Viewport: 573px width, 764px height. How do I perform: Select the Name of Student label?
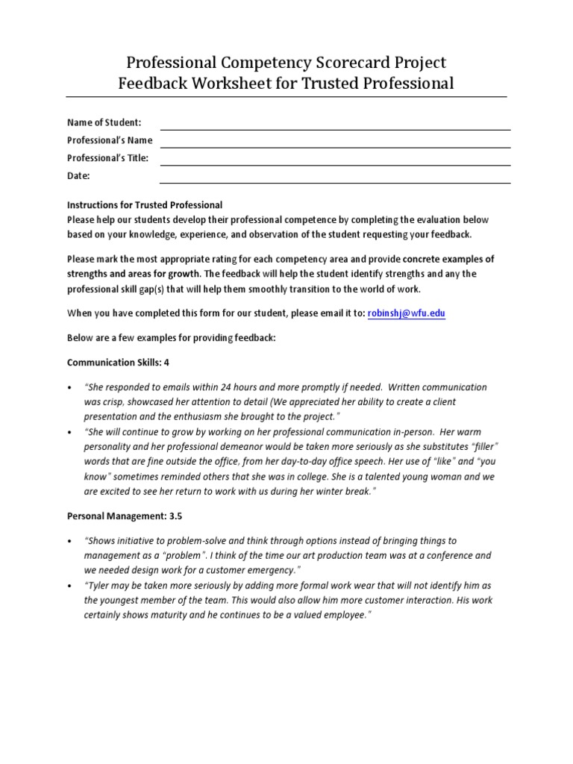[x=104, y=122]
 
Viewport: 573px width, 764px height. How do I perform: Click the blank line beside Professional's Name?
[x=335, y=146]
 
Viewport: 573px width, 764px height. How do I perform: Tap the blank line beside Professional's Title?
[x=335, y=164]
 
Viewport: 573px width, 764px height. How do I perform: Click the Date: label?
[x=78, y=176]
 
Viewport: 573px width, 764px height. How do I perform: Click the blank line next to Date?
[x=335, y=182]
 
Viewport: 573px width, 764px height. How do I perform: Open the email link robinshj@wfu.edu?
[x=406, y=313]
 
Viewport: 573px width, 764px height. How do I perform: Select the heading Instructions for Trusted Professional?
[x=145, y=204]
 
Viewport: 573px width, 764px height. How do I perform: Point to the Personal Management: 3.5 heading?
[x=125, y=515]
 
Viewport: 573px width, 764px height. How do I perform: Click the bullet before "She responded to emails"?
[x=69, y=388]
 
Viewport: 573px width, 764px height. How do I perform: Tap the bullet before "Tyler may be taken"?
[x=69, y=586]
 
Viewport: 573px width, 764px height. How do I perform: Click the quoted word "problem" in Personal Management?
[x=195, y=555]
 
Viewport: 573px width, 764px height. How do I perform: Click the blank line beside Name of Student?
[x=335, y=128]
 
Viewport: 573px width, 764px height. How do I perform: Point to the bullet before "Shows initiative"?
[x=69, y=541]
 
